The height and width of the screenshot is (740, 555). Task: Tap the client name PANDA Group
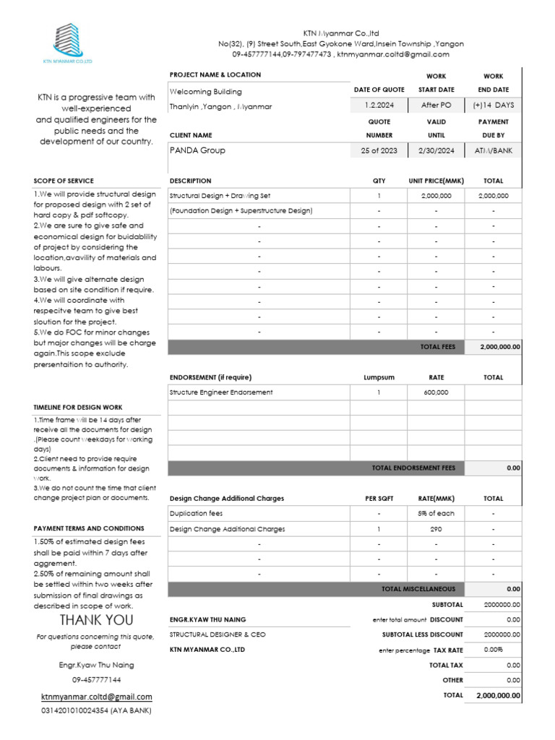pos(197,150)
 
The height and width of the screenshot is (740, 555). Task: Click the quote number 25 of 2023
pos(378,150)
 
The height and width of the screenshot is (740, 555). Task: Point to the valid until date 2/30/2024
pos(436,150)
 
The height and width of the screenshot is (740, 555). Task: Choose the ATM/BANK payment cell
pos(493,150)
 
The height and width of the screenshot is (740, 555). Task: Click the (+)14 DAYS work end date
pos(493,106)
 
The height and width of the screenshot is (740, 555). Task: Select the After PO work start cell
pos(436,106)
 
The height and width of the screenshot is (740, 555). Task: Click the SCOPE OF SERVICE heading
pos(64,181)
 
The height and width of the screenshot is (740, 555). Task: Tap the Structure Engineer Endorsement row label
pos(221,392)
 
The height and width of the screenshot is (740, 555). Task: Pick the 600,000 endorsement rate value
pos(436,392)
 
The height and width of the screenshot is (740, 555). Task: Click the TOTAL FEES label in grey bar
pos(438,347)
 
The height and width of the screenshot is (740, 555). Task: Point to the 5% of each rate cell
pos(436,514)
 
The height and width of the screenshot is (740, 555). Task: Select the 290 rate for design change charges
pos(436,529)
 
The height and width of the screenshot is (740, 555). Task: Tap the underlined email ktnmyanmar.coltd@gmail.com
pos(96,697)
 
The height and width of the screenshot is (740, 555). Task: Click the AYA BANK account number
pos(96,711)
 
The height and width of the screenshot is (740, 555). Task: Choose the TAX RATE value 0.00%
pos(493,650)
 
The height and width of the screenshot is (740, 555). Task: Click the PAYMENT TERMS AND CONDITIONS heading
pos(89,528)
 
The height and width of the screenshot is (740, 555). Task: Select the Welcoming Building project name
pos(206,92)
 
